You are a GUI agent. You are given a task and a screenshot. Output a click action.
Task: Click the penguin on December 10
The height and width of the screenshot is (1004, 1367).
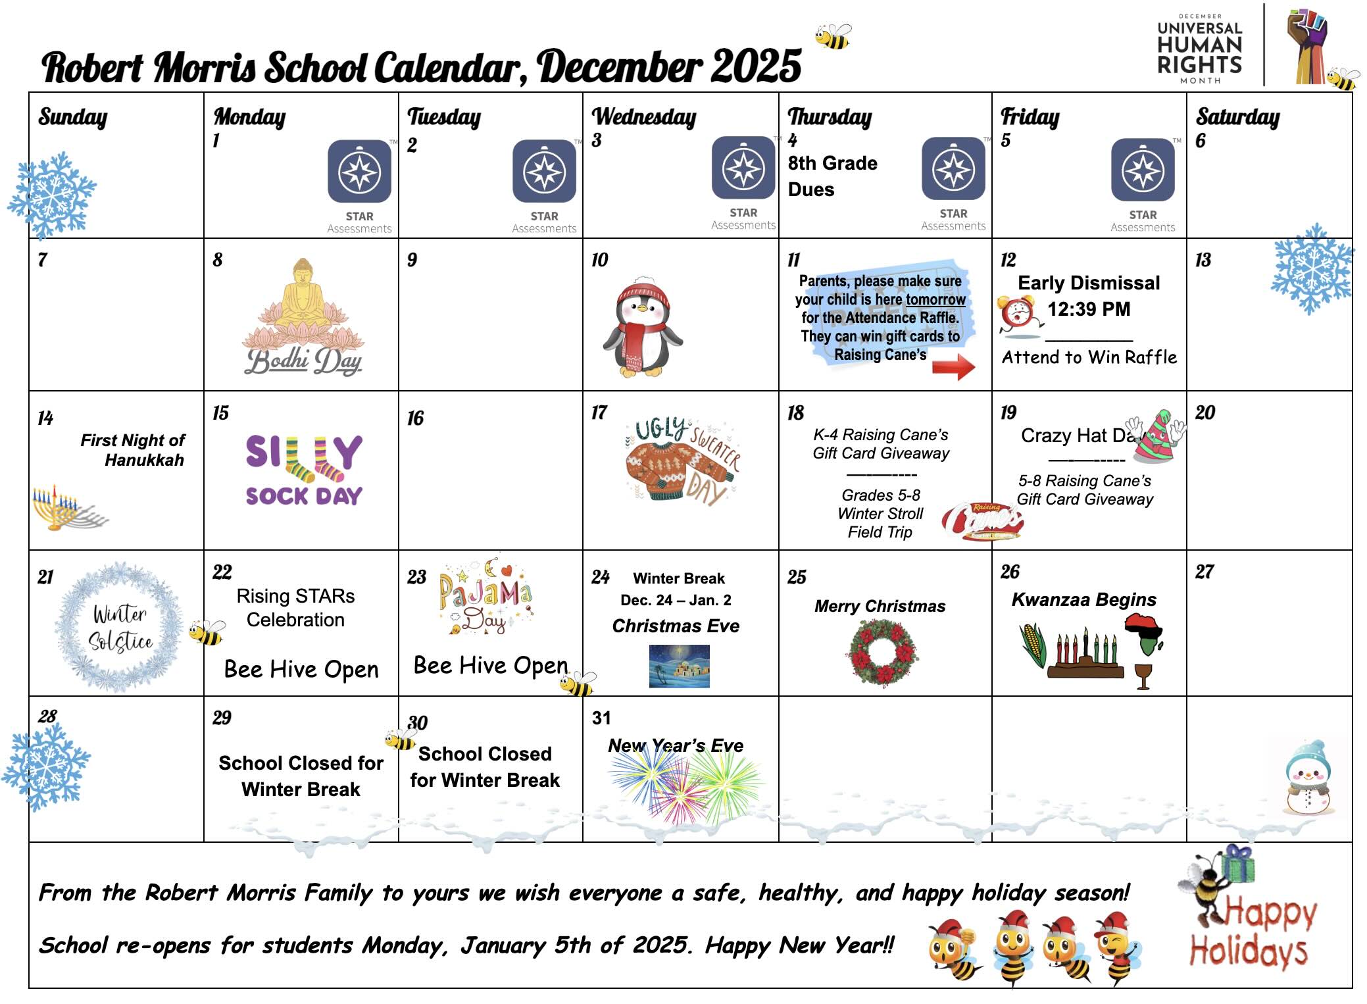pyautogui.click(x=642, y=327)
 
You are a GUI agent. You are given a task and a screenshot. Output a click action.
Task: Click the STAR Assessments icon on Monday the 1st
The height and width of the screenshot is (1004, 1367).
pyautogui.click(x=359, y=172)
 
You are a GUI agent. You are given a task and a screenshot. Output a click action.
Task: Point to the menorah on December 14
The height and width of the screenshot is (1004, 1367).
pyautogui.click(x=66, y=508)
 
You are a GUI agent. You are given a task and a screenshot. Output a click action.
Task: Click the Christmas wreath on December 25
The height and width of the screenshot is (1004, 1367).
pyautogui.click(x=882, y=652)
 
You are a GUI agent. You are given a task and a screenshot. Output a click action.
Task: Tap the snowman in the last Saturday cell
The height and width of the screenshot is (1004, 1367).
pyautogui.click(x=1307, y=777)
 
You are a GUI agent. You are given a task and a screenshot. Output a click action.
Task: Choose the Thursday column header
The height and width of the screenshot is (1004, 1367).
pyautogui.click(x=830, y=117)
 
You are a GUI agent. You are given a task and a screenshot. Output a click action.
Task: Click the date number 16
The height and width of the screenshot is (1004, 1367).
pyautogui.click(x=415, y=418)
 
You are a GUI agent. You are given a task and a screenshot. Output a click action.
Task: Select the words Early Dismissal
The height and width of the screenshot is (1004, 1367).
pyautogui.click(x=1089, y=283)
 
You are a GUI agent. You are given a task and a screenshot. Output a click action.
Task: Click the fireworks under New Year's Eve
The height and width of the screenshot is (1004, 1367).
pyautogui.click(x=684, y=786)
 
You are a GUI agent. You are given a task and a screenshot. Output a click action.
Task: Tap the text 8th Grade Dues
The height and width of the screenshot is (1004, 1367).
pyautogui.click(x=832, y=176)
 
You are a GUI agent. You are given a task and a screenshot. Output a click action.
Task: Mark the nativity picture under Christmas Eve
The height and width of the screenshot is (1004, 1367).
pyautogui.click(x=679, y=666)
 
